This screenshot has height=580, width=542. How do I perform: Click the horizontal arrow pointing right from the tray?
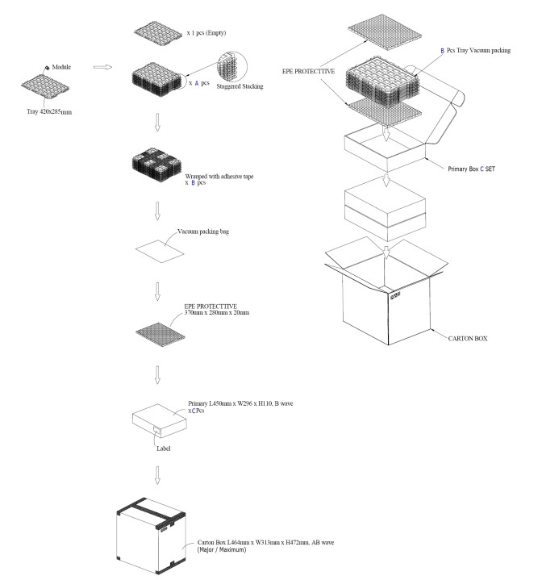pos(102,68)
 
